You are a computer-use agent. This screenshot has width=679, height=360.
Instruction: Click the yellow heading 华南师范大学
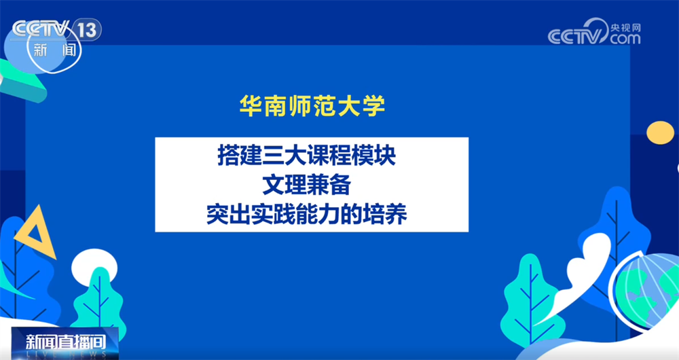click(x=312, y=106)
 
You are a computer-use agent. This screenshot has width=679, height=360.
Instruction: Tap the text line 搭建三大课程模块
click(x=307, y=156)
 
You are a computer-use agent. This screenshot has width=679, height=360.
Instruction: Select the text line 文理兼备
click(x=307, y=185)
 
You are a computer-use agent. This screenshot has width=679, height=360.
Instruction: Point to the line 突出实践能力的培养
click(x=307, y=214)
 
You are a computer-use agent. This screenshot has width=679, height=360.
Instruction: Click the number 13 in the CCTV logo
click(x=87, y=30)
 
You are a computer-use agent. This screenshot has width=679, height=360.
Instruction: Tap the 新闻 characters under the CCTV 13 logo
click(x=55, y=50)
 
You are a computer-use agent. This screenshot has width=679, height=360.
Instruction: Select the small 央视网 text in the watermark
click(x=625, y=27)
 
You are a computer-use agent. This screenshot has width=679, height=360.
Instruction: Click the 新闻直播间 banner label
click(x=65, y=342)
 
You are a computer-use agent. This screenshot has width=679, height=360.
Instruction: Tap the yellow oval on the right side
click(x=661, y=132)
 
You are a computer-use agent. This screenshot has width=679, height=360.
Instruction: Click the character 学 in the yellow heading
click(x=374, y=106)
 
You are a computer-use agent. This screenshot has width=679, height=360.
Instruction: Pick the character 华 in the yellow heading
click(x=251, y=106)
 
